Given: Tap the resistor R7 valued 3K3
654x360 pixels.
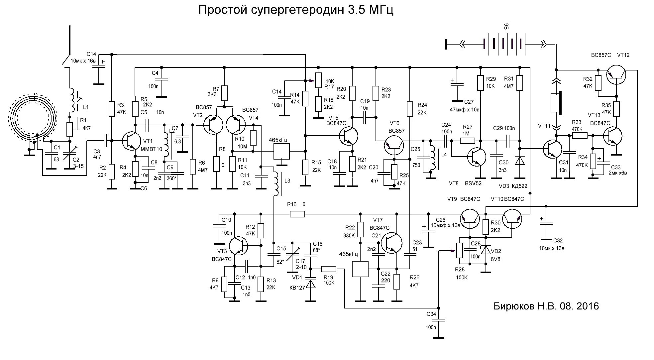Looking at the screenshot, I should click(x=224, y=93).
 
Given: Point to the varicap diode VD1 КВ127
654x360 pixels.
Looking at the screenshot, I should click(x=311, y=284).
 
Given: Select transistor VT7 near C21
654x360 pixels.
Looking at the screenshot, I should click(x=391, y=242).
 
